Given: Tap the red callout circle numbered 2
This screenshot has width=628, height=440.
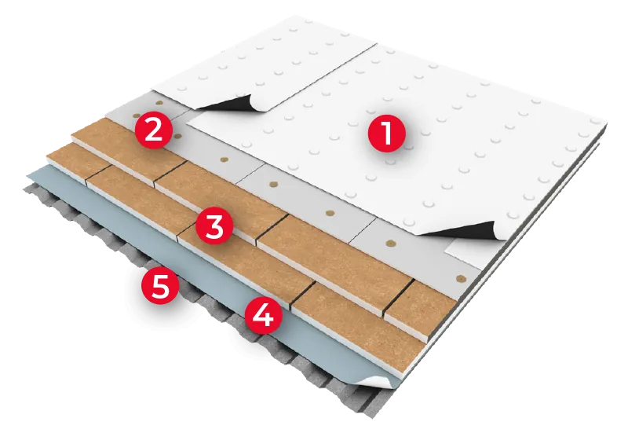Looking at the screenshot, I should [x=153, y=128].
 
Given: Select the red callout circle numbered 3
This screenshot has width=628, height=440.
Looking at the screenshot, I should [x=214, y=226].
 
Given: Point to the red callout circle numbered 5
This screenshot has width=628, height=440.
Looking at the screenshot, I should [x=160, y=287].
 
